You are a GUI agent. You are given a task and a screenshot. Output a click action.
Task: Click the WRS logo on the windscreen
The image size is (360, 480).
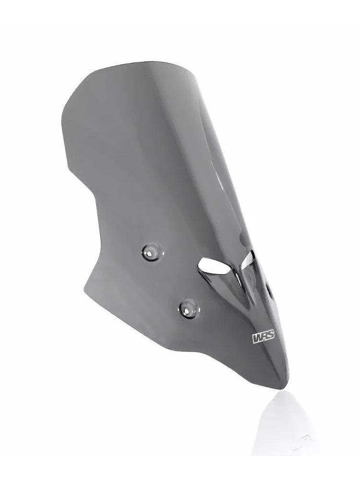(263, 337)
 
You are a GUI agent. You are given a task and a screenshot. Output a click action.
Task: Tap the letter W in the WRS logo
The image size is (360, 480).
(257, 338)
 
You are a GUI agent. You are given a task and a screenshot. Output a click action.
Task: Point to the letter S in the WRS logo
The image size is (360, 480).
(271, 335)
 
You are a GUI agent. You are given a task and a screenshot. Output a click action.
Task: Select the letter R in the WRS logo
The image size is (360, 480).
(264, 337)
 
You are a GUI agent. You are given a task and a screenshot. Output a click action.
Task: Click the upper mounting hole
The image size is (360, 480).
(152, 252)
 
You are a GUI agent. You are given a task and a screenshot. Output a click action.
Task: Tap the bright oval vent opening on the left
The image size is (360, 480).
(214, 266)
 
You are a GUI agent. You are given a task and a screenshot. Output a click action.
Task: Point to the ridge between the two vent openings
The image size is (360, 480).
(238, 276)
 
